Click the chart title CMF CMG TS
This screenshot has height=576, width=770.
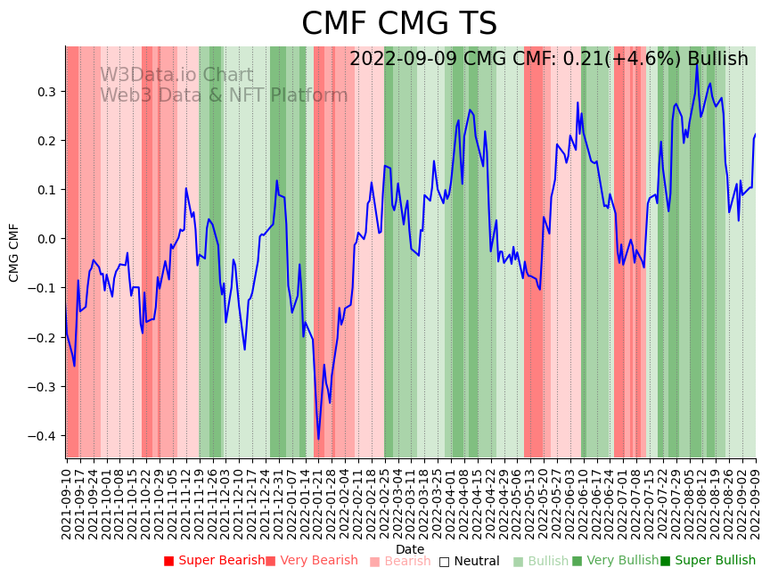pyautogui.click(x=398, y=24)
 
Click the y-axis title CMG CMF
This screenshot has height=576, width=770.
pyautogui.click(x=14, y=252)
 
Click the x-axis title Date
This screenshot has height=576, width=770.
pyautogui.click(x=410, y=549)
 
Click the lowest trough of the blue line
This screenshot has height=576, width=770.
pyautogui.click(x=318, y=439)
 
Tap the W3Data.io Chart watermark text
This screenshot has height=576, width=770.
pyautogui.click(x=176, y=76)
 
